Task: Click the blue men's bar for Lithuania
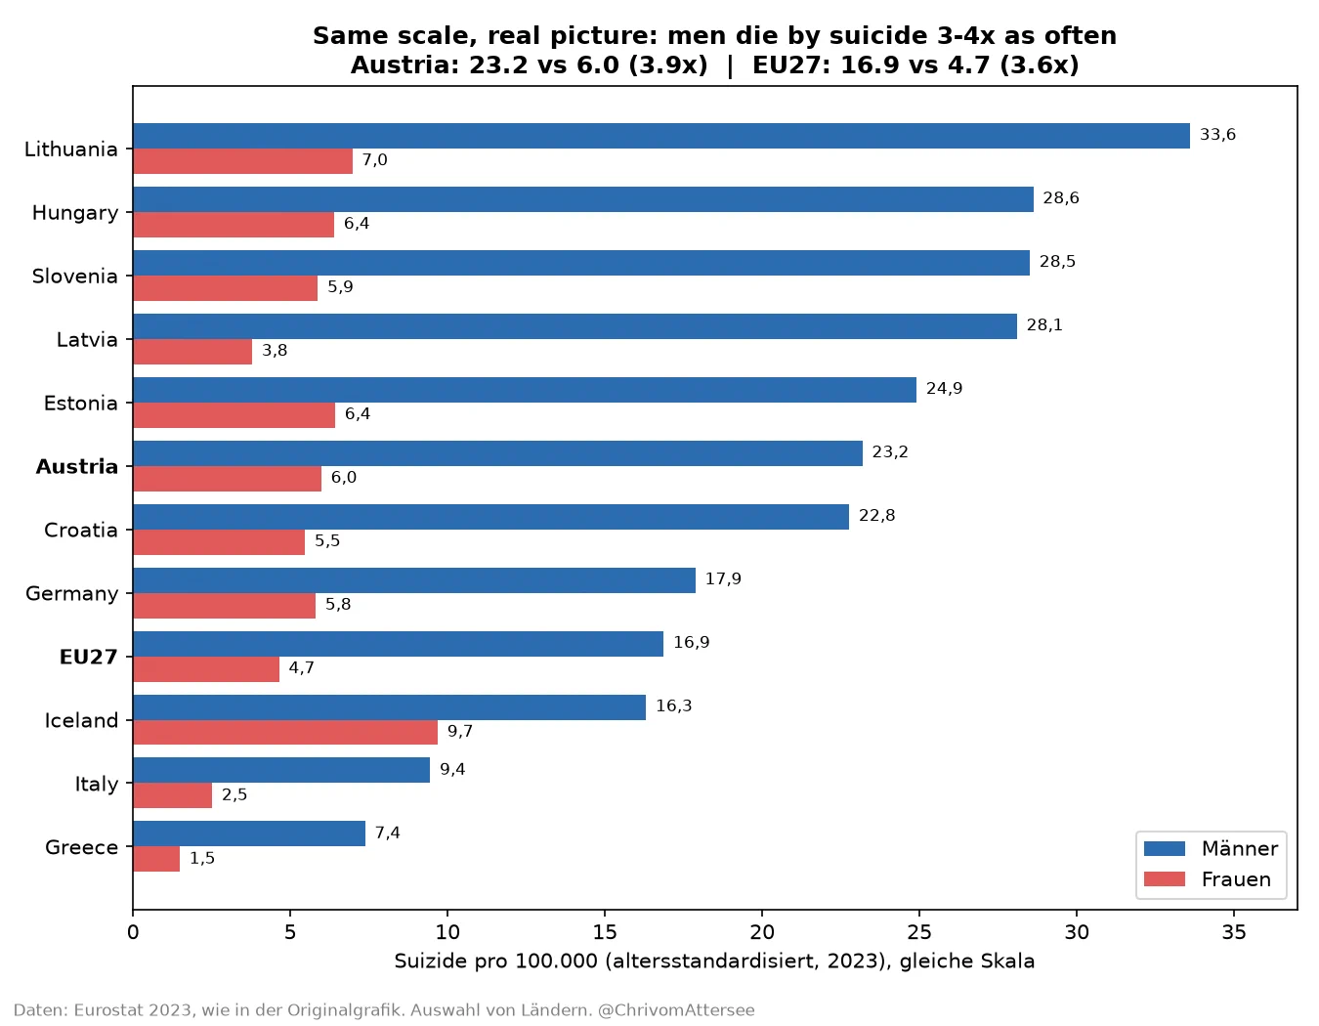pos(661,136)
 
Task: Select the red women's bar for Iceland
pos(285,732)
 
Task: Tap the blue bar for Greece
pos(249,833)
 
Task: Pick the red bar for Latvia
pos(192,352)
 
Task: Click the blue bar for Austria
pos(497,453)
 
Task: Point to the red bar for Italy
pos(172,795)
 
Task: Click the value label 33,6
pos(1217,134)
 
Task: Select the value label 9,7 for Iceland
pos(459,731)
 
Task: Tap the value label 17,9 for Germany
pos(723,578)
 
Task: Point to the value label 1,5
pos(202,858)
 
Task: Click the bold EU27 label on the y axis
pos(88,657)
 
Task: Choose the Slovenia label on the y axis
pos(74,277)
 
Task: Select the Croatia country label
pos(81,530)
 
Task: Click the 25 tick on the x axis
pos(919,932)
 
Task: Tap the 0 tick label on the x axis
pos(133,932)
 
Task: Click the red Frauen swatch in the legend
pos(1165,879)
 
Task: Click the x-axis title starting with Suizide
pos(714,962)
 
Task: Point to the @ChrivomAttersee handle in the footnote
pos(676,1010)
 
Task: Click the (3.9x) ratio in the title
pos(668,64)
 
